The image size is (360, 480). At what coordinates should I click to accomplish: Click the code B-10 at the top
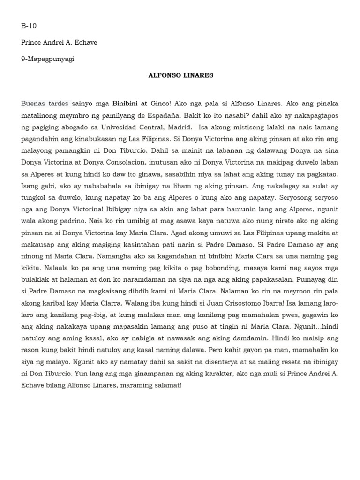29,26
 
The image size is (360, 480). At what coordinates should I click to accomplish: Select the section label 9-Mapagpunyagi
47,59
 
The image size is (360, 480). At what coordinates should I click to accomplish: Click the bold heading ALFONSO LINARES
180,75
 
